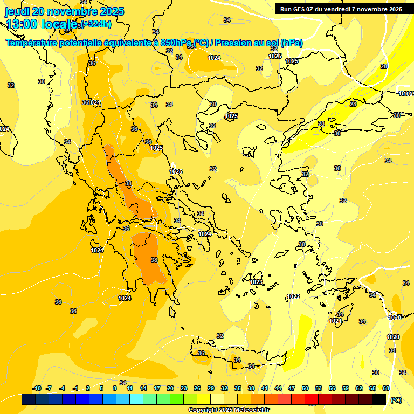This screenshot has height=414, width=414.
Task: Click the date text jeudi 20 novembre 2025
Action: coord(64,11)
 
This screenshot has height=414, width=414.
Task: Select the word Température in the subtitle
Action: coord(33,43)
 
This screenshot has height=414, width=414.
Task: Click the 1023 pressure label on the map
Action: coord(257,282)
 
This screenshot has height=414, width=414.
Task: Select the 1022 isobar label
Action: coord(293,296)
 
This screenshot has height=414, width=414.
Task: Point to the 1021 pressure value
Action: coord(335,321)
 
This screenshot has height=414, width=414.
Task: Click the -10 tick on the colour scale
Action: coord(37,389)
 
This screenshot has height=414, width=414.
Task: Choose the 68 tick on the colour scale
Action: coord(386,389)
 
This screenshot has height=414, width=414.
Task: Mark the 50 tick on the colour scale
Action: coord(305,389)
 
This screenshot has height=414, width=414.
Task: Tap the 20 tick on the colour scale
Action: coord(170,389)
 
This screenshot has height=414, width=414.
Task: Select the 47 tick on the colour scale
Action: coord(292,389)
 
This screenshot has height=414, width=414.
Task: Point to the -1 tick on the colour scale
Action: coord(75,389)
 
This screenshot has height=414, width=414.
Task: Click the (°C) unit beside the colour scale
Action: coord(396,400)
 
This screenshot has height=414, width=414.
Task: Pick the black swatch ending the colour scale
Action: coord(379,399)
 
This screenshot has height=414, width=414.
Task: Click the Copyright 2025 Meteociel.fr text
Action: coord(229,410)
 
